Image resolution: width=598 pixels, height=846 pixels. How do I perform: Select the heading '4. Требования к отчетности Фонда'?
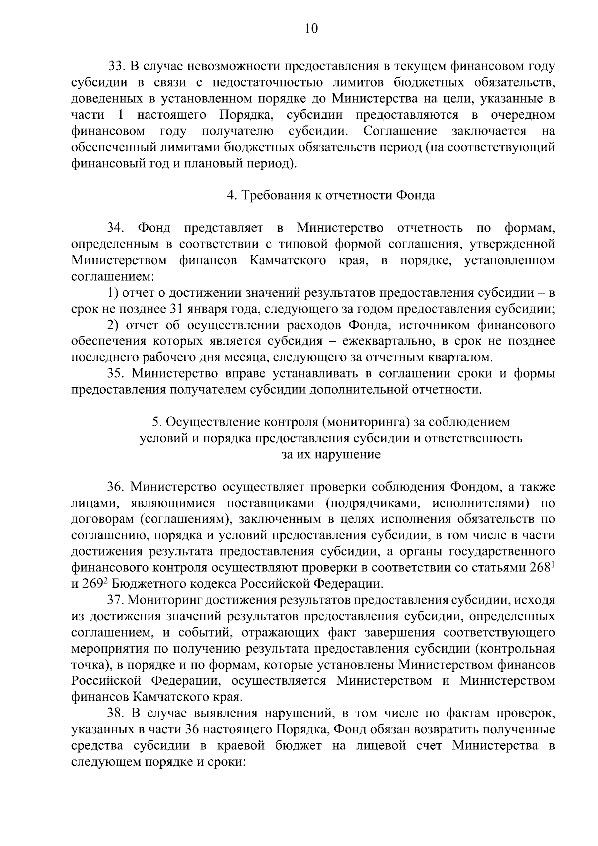pos(331,195)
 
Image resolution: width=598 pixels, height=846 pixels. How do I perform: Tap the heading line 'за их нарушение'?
pos(331,455)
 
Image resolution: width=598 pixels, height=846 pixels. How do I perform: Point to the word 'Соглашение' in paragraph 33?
pos(400,131)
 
